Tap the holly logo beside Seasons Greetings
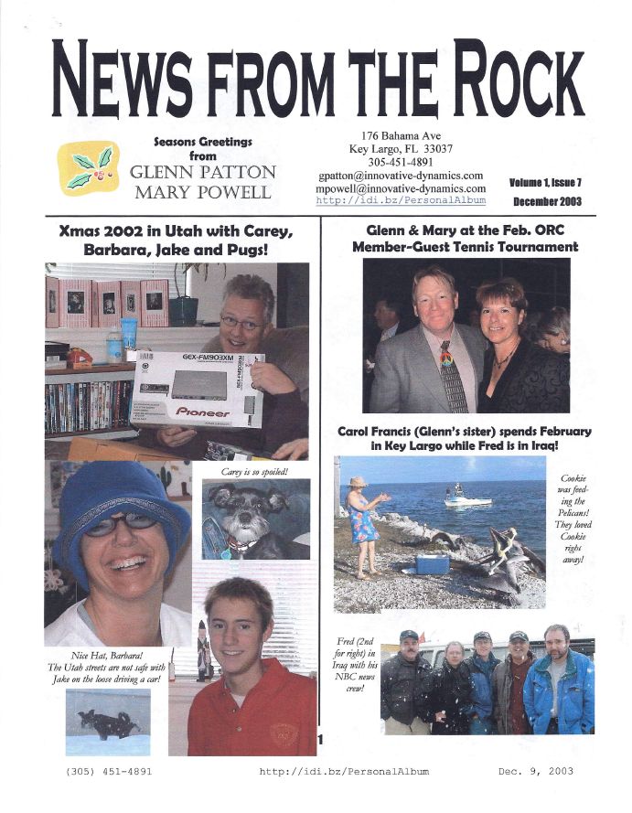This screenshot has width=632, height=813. tap(88, 167)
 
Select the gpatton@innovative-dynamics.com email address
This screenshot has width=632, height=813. tap(401, 175)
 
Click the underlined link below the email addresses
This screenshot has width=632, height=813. tap(401, 199)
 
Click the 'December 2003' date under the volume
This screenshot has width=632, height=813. tap(544, 200)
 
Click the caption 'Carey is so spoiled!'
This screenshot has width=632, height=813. tap(254, 471)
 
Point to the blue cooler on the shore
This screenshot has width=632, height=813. tap(432, 563)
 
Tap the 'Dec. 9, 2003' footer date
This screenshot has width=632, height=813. tap(536, 771)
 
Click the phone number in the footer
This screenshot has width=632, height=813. tap(109, 771)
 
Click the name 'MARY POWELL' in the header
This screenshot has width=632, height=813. tap(202, 192)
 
